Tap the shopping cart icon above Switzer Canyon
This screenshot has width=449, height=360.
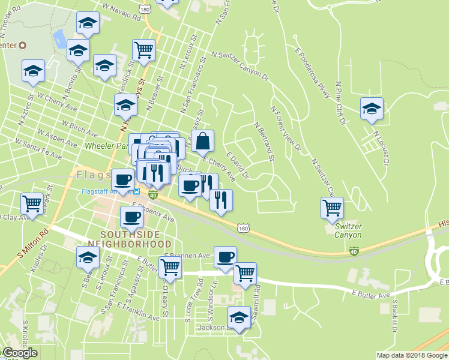332,208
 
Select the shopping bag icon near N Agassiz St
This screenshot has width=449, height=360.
203,141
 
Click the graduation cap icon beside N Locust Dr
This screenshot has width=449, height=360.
372,109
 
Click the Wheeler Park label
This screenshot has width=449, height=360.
107,146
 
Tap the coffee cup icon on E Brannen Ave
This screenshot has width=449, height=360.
225,257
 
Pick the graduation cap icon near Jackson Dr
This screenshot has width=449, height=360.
240,317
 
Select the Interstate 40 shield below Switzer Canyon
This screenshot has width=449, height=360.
355,251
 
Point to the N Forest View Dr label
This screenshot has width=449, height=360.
285,128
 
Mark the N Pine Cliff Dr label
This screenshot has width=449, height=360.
342,103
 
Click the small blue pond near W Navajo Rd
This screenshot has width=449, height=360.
59,39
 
